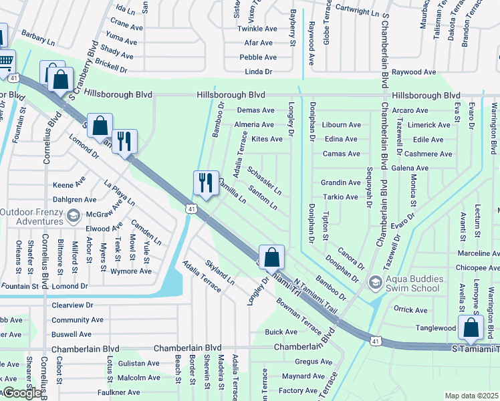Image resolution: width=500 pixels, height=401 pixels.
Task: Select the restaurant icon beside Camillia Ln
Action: pos(206,182)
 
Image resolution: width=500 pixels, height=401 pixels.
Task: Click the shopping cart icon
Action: pos(5,61)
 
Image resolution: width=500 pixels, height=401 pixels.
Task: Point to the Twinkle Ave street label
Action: pos(257,29)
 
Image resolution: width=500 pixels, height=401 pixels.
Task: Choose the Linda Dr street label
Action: pos(259,72)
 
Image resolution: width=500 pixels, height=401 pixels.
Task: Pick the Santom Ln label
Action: pos(263,198)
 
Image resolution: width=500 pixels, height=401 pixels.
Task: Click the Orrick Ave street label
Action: pos(410,309)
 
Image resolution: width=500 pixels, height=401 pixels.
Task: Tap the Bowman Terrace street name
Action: pos(299,316)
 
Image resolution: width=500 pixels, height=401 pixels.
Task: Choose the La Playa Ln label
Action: pos(119,193)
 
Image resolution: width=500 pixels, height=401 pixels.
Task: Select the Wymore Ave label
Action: pos(132,271)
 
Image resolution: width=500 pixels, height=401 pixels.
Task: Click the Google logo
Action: pos(22,393)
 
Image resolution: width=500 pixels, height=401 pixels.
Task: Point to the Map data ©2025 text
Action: pos(471,396)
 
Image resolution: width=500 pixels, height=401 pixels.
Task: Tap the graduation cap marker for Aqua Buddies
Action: pos(375,283)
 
